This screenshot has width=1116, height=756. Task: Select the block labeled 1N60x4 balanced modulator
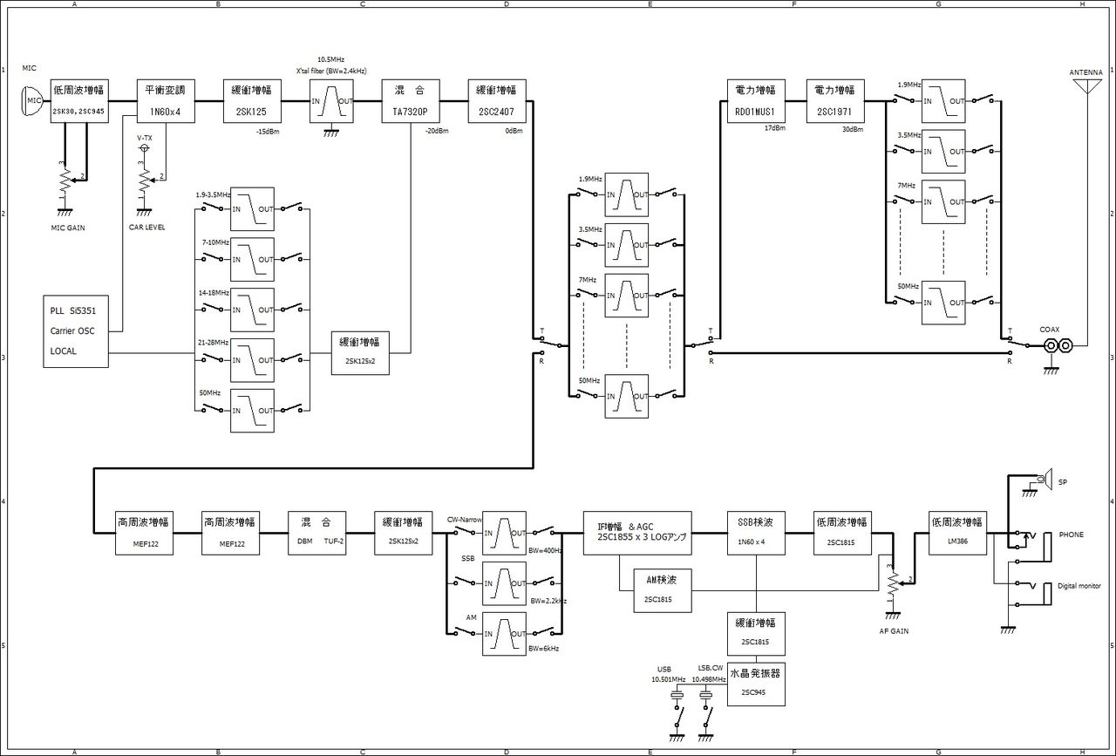click(x=164, y=101)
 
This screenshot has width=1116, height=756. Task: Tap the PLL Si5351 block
click(x=76, y=331)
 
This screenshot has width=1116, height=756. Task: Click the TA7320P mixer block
click(x=411, y=101)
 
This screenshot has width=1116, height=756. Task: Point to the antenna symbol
click(x=1085, y=88)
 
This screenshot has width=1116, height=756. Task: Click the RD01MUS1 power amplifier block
click(x=755, y=101)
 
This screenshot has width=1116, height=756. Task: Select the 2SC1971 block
click(x=834, y=101)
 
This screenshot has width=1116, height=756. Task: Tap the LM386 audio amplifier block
click(x=956, y=533)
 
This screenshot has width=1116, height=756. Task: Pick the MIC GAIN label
click(x=70, y=228)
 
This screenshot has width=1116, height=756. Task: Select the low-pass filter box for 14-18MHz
click(x=252, y=310)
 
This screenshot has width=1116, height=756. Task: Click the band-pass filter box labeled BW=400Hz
click(x=505, y=533)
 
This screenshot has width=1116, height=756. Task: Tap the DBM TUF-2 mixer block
click(x=318, y=533)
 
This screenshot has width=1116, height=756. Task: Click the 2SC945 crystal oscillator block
click(x=755, y=684)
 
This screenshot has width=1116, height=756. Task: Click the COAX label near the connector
click(x=1050, y=330)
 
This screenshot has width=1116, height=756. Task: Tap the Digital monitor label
click(x=1079, y=586)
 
